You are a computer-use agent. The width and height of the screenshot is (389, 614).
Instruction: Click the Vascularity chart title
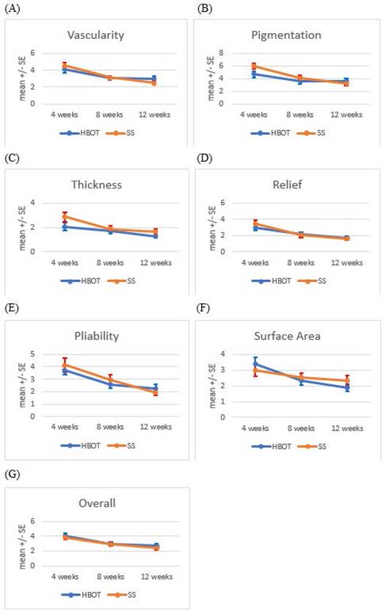tap(95, 35)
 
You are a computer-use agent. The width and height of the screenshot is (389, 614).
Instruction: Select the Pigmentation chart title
tap(286, 35)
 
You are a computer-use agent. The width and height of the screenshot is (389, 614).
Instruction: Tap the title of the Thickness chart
tap(96, 184)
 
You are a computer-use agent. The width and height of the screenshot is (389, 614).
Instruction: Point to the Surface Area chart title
tap(287, 336)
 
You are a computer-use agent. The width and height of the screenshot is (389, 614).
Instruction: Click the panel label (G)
tap(12, 474)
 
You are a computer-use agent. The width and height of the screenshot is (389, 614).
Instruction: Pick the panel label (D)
tap(204, 158)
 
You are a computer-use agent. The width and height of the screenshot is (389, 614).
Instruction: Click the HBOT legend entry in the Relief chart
tap(272, 281)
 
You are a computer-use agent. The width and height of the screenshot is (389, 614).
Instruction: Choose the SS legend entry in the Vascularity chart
tap(120, 133)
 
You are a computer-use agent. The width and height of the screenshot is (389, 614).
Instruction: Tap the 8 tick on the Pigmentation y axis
tap(221, 53)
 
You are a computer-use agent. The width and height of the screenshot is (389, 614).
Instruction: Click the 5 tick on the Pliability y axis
tap(33, 354)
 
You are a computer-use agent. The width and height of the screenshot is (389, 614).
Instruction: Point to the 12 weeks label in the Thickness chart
tap(156, 263)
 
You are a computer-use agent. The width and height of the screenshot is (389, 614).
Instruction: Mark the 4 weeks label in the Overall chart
tap(65, 577)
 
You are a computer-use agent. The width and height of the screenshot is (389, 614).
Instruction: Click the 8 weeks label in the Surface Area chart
tap(301, 428)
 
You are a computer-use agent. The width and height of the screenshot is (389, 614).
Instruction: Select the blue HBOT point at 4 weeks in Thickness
tap(65, 227)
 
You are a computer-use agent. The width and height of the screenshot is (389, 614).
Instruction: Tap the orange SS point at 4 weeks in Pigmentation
tap(254, 66)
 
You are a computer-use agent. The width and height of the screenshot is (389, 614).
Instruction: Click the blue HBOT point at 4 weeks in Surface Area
tap(255, 364)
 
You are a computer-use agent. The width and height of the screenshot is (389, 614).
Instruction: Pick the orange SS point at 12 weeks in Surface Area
tap(347, 380)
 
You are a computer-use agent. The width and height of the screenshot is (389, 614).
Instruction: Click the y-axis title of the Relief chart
tap(213, 228)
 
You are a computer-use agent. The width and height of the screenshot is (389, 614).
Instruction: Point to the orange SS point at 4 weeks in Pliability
tap(65, 365)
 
